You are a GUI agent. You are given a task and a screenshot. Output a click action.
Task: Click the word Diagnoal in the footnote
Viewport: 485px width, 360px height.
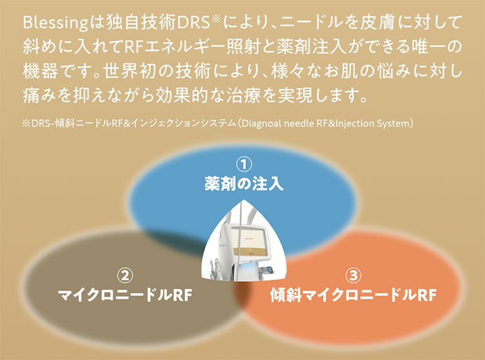click(x=260, y=122)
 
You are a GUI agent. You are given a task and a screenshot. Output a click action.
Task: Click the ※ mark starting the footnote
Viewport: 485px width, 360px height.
click(x=25, y=122)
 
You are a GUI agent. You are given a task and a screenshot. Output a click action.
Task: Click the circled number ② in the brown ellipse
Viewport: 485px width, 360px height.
click(x=125, y=276)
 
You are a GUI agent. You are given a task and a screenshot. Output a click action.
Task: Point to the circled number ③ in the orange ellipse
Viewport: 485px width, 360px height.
click(x=352, y=276)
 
